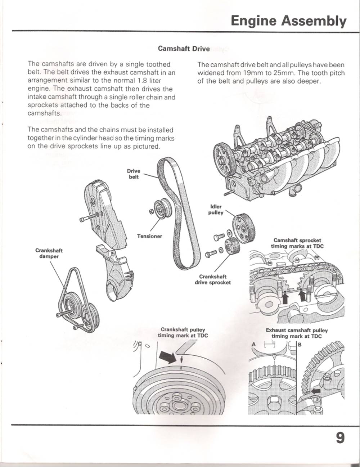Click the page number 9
click(x=340, y=438)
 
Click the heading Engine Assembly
click(x=288, y=21)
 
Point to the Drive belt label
click(x=134, y=174)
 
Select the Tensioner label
click(x=149, y=236)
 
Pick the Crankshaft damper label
click(x=49, y=253)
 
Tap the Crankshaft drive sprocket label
click(x=213, y=279)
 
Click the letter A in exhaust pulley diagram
click(x=253, y=344)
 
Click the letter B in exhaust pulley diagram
click(x=300, y=344)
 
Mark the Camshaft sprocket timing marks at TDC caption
click(x=297, y=243)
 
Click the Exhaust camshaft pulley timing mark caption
click(x=297, y=333)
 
